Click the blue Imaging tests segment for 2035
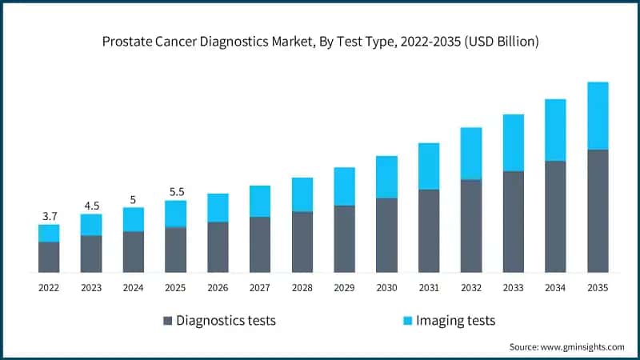pyautogui.click(x=598, y=116)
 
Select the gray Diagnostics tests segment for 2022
pyautogui.click(x=49, y=257)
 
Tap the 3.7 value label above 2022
pyautogui.click(x=50, y=216)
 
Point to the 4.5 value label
pyautogui.click(x=92, y=206)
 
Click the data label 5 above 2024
pyautogui.click(x=133, y=199)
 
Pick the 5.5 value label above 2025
pyautogui.click(x=177, y=192)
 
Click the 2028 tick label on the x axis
pyautogui.click(x=302, y=288)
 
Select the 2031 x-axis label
pyautogui.click(x=429, y=288)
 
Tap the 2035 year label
pyautogui.click(x=598, y=288)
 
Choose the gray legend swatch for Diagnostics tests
pyautogui.click(x=167, y=321)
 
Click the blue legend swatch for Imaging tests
pyautogui.click(x=407, y=321)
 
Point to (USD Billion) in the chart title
pyautogui.click(x=502, y=42)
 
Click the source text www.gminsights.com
pyautogui.click(x=582, y=347)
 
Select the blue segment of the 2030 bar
pyautogui.click(x=386, y=177)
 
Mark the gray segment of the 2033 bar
pyautogui.click(x=514, y=222)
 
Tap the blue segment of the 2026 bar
pyautogui.click(x=218, y=208)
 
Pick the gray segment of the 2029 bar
pyautogui.click(x=345, y=238)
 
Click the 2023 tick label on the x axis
pyautogui.click(x=91, y=288)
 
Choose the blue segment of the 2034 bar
pyautogui.click(x=555, y=130)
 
